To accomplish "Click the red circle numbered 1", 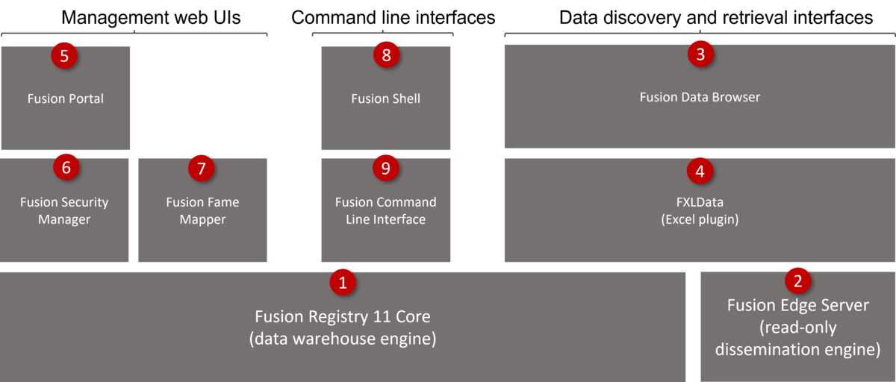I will tap(343, 282).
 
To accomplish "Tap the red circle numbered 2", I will tap(798, 281).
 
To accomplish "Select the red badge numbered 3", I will tap(700, 54).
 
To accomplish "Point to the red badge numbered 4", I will tap(700, 171).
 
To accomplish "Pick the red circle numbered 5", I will tap(65, 56).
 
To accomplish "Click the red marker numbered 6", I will tap(66, 168).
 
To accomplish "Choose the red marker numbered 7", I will tap(201, 169).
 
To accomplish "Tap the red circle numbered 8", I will tap(386, 56).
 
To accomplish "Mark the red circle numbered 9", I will tap(386, 169).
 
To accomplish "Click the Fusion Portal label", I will tap(65, 98).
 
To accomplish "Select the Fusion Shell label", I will tap(386, 98).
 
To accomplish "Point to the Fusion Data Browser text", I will tap(700, 97).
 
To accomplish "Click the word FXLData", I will tap(700, 202).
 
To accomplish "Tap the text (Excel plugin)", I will tap(700, 219).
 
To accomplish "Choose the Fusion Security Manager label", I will tap(64, 211).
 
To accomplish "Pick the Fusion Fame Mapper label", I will tap(202, 211).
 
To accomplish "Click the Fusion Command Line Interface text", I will tap(386, 211).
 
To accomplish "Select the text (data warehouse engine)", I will tap(343, 339).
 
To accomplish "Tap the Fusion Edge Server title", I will tap(798, 305).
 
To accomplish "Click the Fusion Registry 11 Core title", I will tap(343, 316).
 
